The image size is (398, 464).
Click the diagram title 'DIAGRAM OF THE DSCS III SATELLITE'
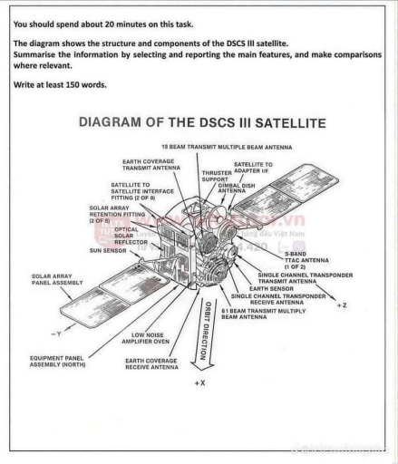click(x=202, y=121)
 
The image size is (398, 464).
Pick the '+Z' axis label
click(x=341, y=305)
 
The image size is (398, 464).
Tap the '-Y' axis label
click(x=55, y=333)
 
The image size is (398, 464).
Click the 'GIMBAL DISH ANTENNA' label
click(x=232, y=188)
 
